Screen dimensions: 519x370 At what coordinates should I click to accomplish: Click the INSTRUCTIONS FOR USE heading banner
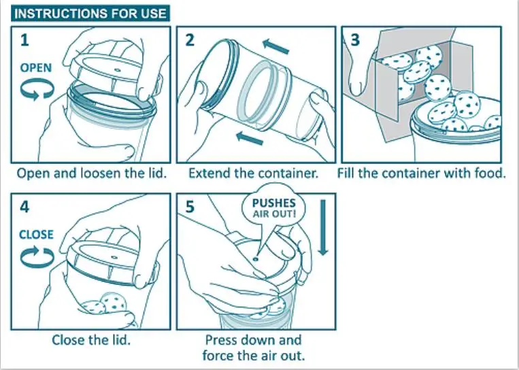(x=90, y=13)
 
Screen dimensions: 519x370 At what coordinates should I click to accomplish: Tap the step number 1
(x=24, y=40)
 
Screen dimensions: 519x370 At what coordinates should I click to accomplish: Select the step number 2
(x=189, y=40)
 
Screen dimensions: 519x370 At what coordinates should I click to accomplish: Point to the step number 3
(x=355, y=40)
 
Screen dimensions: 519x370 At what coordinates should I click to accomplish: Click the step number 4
(x=24, y=207)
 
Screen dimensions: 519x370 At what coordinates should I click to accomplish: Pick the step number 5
(x=190, y=207)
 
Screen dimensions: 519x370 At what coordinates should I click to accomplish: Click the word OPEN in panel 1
(x=36, y=68)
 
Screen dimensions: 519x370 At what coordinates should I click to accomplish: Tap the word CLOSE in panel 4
(x=36, y=235)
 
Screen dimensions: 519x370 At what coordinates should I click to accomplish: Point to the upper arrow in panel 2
(x=275, y=47)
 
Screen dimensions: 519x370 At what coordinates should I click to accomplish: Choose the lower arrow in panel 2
(x=250, y=137)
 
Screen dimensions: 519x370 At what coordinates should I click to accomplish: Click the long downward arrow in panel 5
(x=323, y=228)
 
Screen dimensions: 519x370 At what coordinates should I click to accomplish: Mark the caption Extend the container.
(x=253, y=173)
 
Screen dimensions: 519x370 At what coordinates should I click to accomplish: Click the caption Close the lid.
(x=91, y=340)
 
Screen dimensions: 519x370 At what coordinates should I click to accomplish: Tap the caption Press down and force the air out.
(x=254, y=348)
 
